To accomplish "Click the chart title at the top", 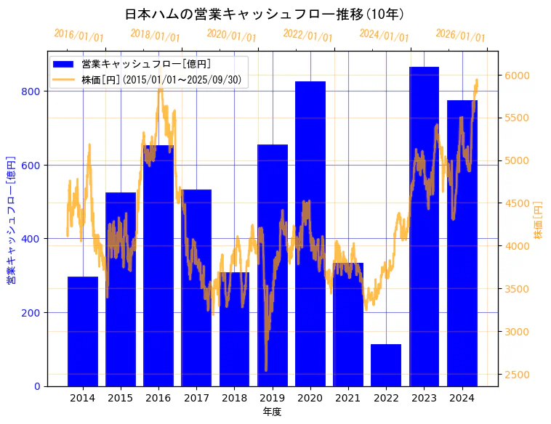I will coord(265,15).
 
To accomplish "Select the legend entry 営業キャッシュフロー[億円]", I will coord(146,65).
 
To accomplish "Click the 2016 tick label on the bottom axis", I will coord(158,398).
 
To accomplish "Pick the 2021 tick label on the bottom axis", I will coord(348,398).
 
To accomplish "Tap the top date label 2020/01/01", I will coord(231,35).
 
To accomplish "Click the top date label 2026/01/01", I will coord(460,35).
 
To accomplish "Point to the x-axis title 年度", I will coord(272,412).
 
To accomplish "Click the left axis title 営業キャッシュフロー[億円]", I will coord(11,219).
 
